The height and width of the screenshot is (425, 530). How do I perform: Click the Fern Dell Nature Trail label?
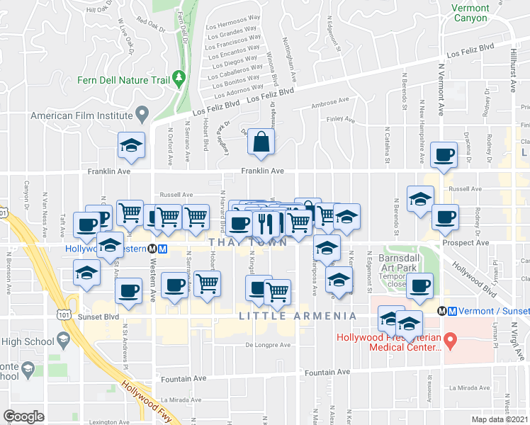point(123,80)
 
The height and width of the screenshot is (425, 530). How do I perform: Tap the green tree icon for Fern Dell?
point(179,77)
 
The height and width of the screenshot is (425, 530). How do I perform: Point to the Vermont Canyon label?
point(470,13)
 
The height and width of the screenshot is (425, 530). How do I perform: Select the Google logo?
point(23,416)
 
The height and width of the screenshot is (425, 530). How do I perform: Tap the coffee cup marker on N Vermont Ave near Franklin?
point(445,155)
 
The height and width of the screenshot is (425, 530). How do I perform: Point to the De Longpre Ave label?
point(269,345)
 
